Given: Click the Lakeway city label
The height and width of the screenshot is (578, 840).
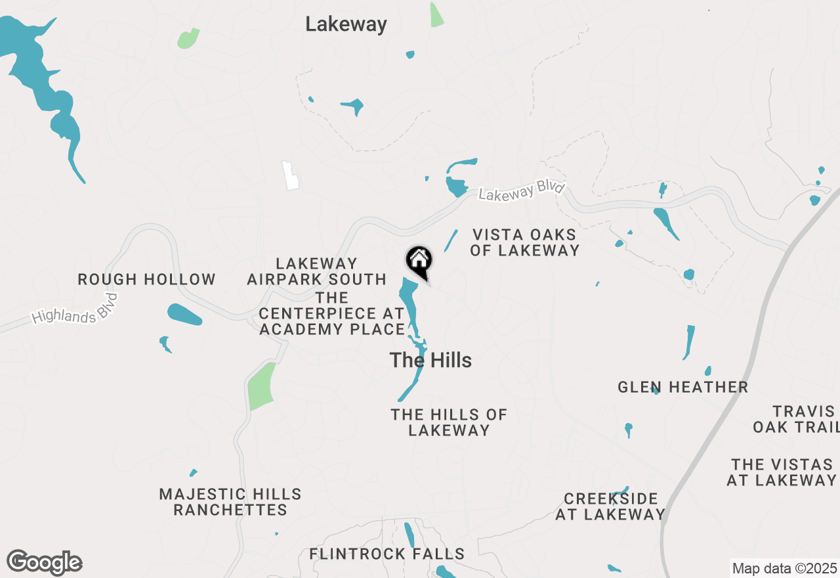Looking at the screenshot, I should point(346,25).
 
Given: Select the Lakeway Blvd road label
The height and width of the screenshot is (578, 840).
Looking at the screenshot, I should point(521,191).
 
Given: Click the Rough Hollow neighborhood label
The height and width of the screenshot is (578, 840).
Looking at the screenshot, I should point(146,279).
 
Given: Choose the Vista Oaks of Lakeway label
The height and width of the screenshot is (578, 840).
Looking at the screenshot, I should point(524,242).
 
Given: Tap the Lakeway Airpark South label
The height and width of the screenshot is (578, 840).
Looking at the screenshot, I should point(316,271).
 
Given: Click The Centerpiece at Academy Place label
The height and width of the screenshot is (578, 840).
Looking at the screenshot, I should point(332,313).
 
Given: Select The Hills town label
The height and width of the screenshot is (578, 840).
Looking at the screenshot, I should point(430,360).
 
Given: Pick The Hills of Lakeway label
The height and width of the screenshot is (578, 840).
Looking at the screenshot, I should point(449,422).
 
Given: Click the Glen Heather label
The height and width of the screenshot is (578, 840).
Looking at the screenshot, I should point(682,387).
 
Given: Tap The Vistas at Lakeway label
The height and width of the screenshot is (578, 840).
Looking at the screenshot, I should point(781,472).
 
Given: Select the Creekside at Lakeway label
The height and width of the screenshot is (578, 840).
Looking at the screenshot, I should point(610,506).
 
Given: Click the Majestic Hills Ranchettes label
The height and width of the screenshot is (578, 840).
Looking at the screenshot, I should point(230,502).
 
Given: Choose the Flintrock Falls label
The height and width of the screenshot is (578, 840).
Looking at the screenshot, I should point(387,554).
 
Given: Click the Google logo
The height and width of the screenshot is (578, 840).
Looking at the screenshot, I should point(44,563).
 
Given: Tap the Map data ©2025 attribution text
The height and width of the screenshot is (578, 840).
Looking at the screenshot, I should point(784,568).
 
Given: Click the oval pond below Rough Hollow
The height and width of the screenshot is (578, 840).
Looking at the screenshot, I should point(184,315).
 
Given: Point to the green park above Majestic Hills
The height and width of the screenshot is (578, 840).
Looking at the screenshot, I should point(262,386).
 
